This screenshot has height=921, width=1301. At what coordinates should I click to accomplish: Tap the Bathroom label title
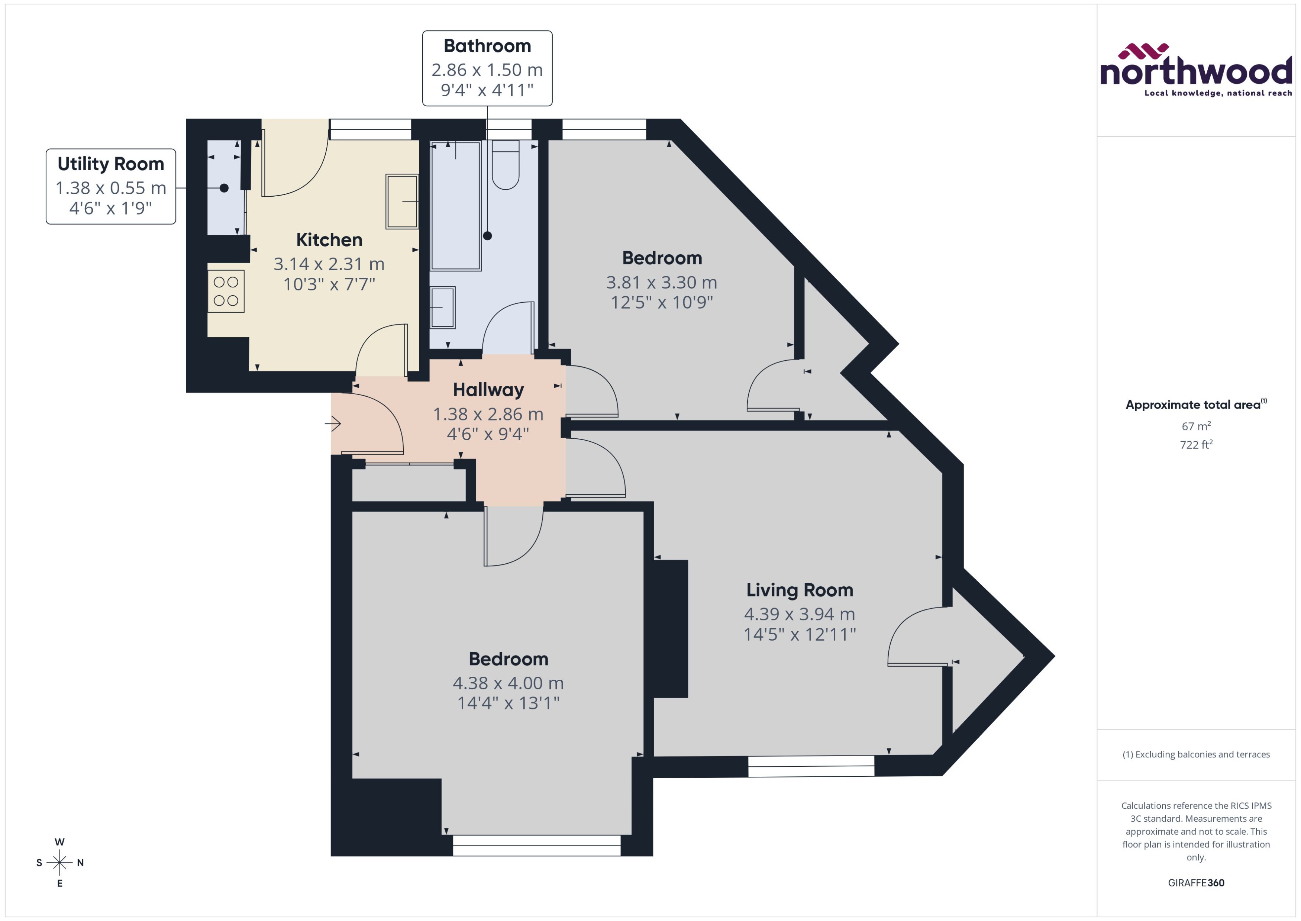[487, 46]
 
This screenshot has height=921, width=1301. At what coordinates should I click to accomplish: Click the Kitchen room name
[329, 240]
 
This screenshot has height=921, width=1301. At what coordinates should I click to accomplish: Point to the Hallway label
[488, 390]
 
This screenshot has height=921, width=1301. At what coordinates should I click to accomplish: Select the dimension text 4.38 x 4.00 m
[508, 683]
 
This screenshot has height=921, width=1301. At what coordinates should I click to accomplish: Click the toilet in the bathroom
[506, 165]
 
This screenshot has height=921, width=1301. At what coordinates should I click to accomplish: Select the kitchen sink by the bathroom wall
[402, 201]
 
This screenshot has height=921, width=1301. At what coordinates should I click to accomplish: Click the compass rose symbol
[59, 863]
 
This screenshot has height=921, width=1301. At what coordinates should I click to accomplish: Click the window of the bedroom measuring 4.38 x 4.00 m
[536, 845]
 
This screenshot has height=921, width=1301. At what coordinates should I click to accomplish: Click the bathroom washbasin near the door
[442, 307]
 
